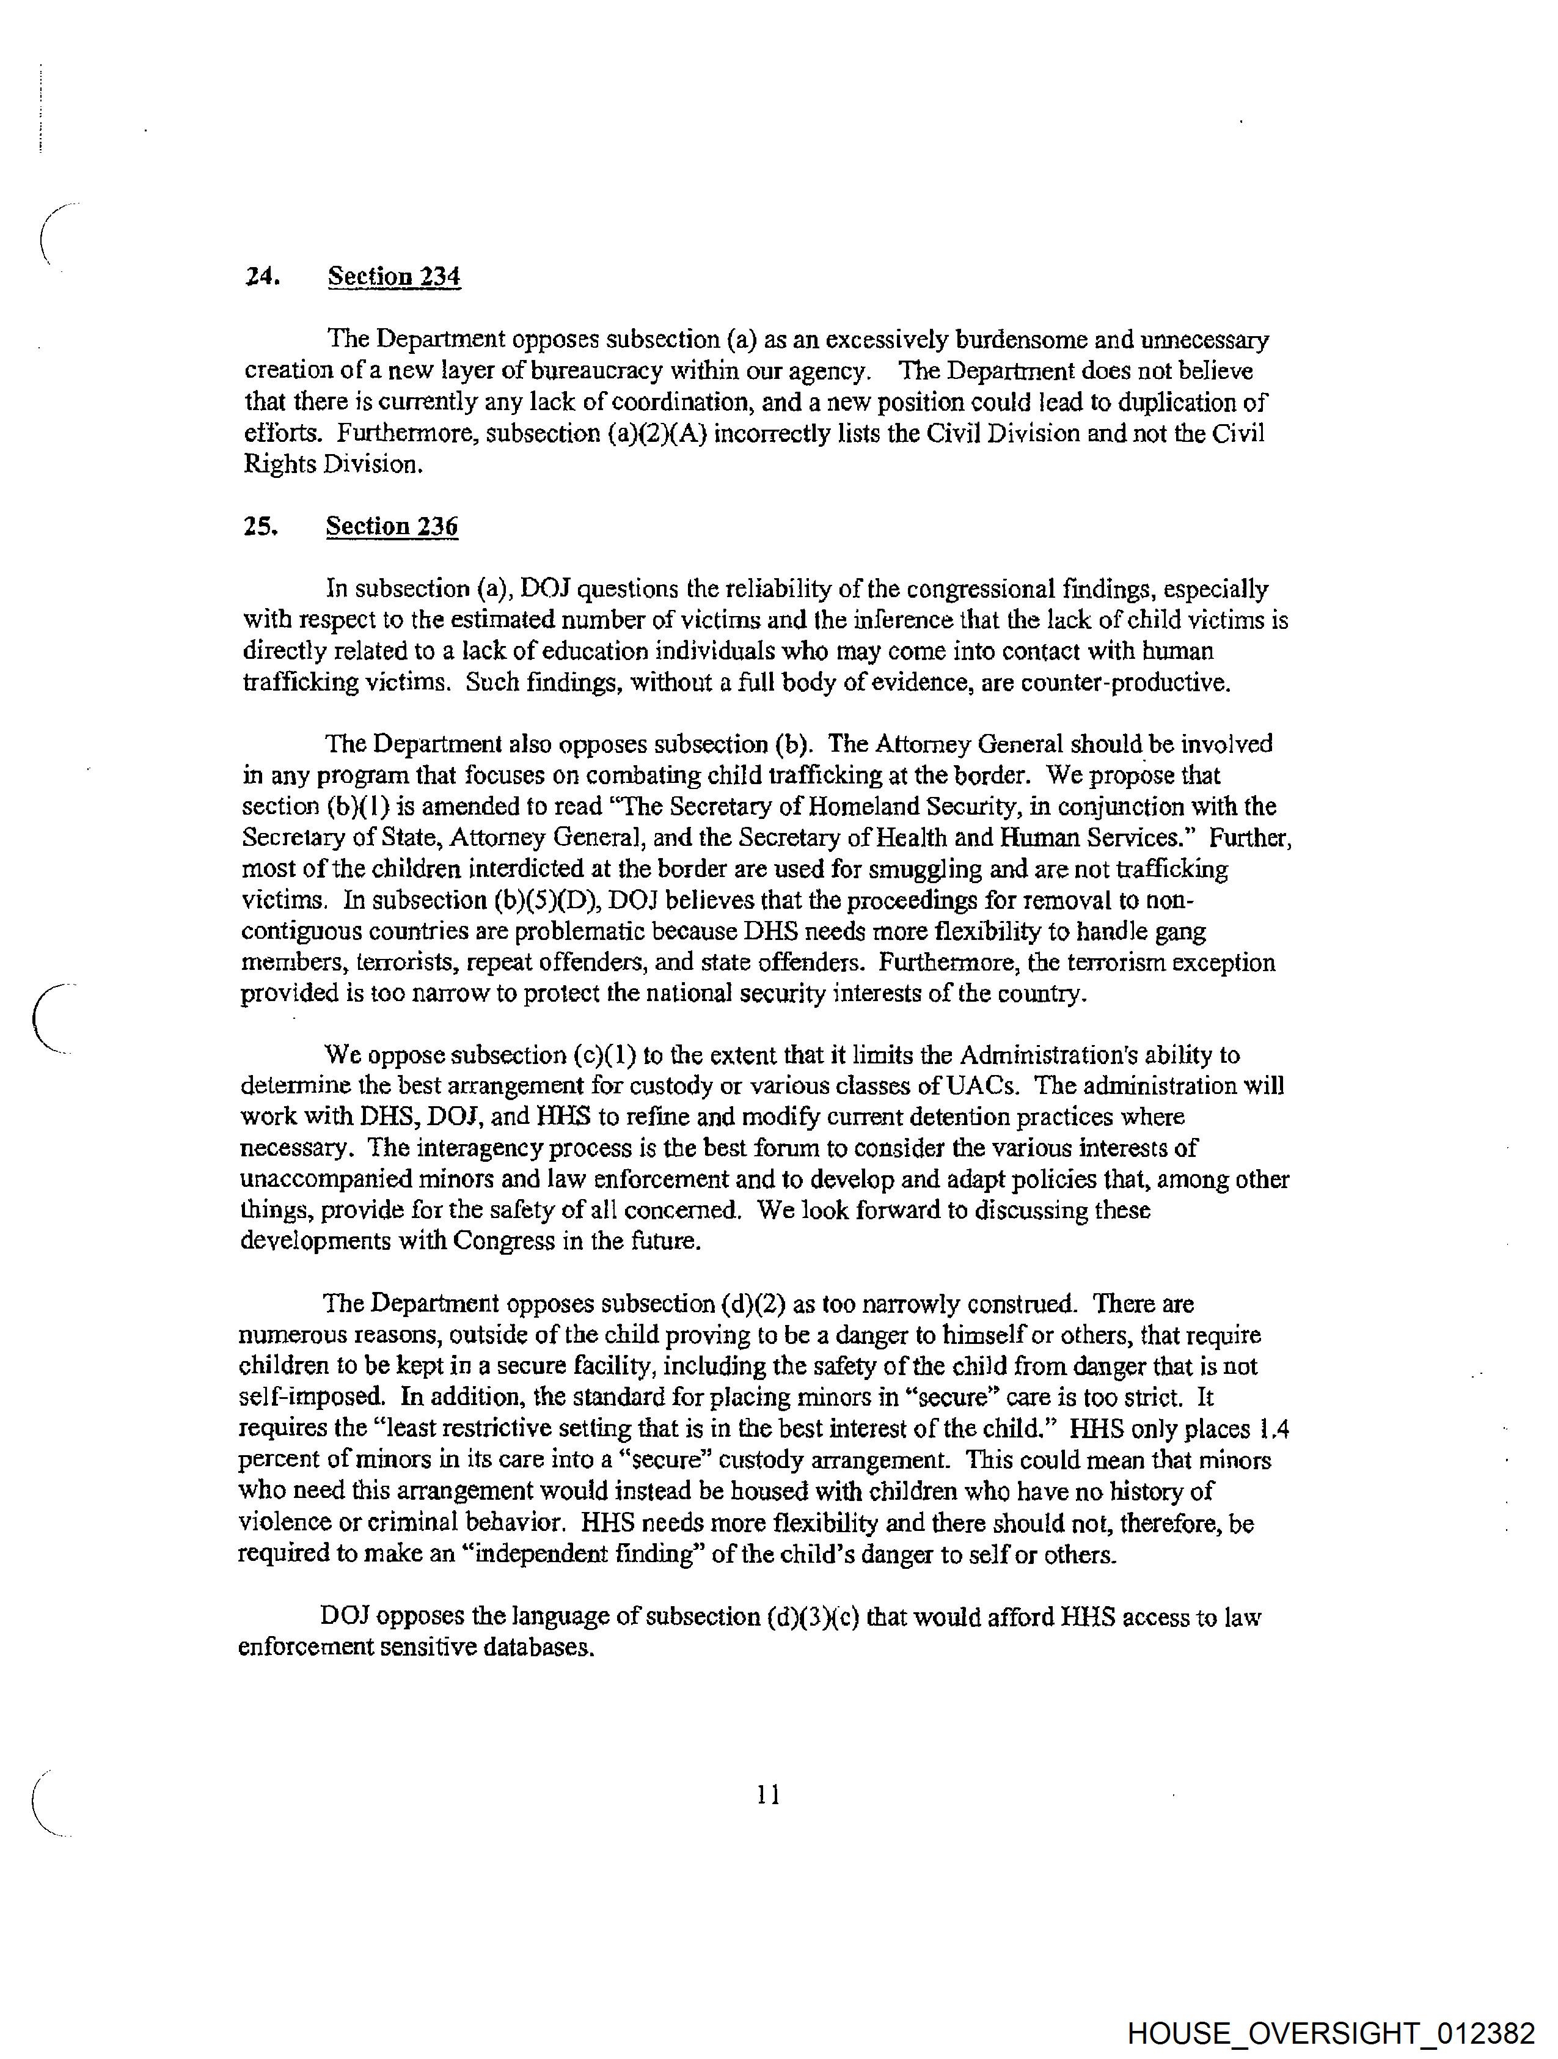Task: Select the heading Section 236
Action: point(392,526)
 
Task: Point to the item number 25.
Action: point(261,526)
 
